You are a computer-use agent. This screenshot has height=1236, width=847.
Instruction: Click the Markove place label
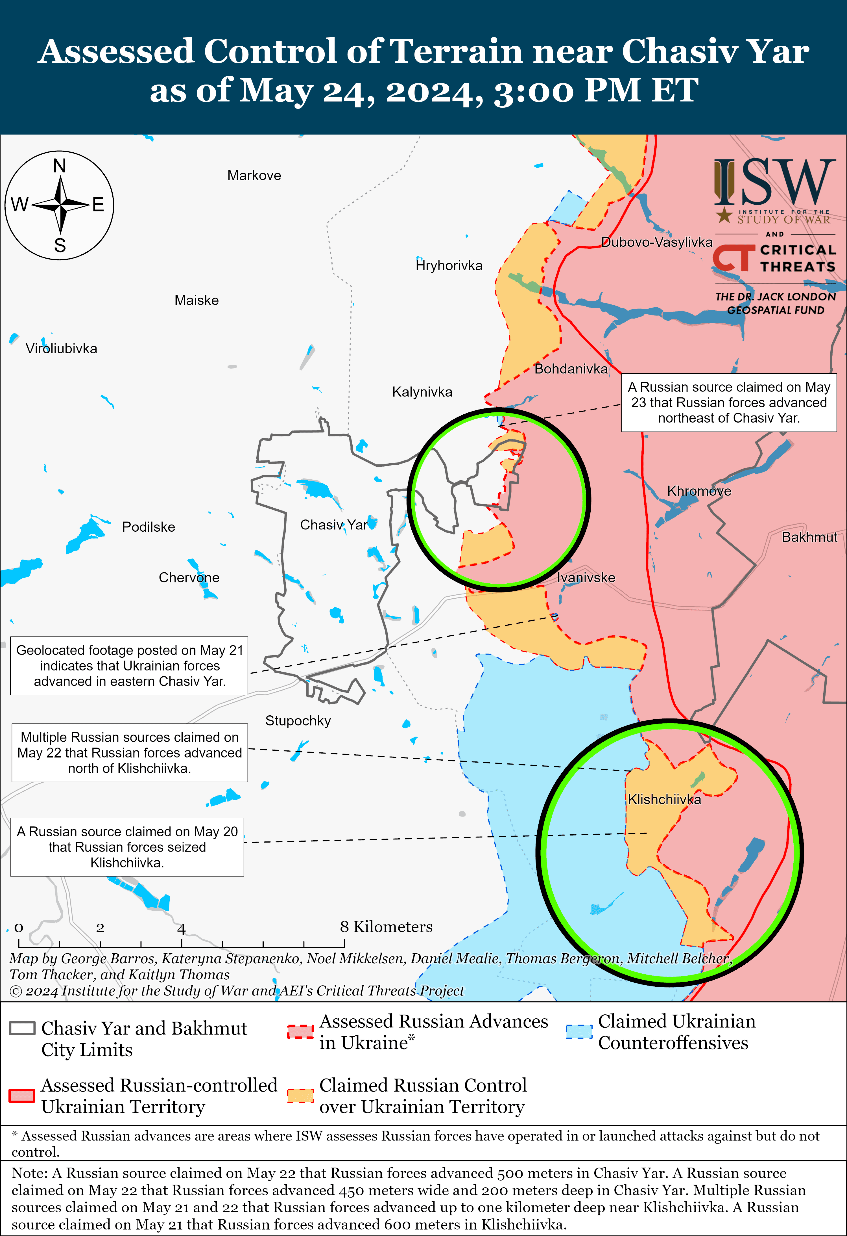tap(254, 176)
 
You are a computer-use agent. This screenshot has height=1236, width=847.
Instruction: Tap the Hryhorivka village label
tap(449, 265)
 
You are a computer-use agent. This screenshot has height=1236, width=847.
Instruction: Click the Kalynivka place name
tap(422, 392)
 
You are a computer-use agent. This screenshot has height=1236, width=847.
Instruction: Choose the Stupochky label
tap(298, 721)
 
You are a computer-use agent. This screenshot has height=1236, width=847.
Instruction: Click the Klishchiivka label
tap(664, 799)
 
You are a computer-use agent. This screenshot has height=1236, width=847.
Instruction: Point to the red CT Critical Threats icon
tap(733, 258)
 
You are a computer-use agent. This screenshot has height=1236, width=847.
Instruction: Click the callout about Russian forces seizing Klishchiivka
tap(127, 847)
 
